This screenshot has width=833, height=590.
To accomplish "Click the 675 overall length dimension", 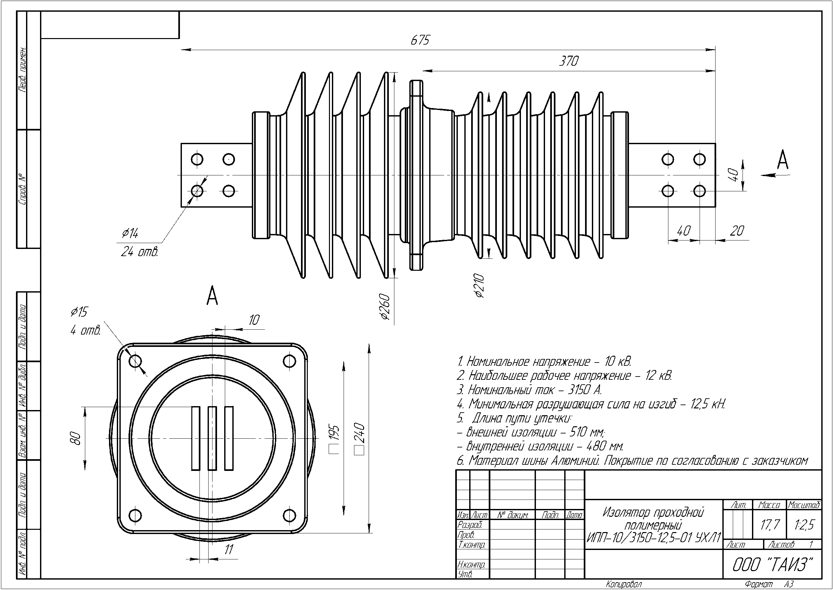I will click(420, 40).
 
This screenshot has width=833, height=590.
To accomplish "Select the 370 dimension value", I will click(568, 61).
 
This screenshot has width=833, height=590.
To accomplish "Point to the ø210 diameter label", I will click(480, 286).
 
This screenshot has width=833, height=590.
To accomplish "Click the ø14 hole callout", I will click(130, 233).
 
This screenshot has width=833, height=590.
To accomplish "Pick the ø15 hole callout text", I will click(79, 312).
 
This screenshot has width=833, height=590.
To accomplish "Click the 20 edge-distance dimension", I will click(737, 231).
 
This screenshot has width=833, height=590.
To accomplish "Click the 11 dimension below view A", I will click(228, 550).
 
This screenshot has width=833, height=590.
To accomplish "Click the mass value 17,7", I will click(770, 525).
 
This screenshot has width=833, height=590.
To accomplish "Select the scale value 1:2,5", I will click(805, 525).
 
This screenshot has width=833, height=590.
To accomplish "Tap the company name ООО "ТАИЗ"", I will click(772, 565).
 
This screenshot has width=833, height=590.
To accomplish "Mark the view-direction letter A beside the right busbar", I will click(783, 160).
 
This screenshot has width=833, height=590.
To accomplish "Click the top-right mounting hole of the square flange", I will click(289, 361).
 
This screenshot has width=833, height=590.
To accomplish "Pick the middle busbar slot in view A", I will click(212, 438).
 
